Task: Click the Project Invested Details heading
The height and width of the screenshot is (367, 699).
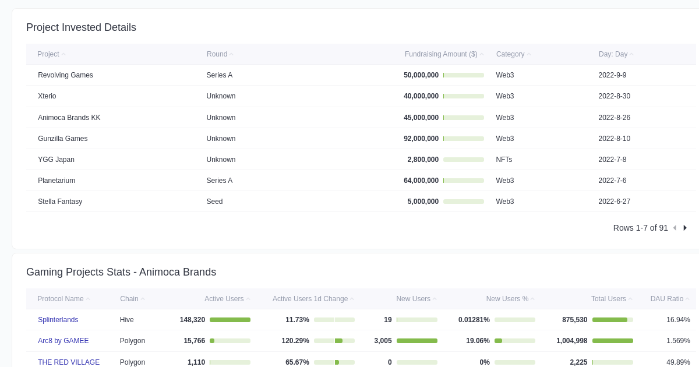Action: [81, 27]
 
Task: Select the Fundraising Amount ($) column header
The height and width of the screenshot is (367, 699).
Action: [441, 54]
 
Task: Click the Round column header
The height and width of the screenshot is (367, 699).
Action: [217, 54]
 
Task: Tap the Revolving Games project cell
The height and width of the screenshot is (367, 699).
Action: [65, 75]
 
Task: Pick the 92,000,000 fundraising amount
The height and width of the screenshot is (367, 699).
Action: [421, 139]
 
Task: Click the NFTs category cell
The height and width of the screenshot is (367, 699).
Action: [504, 160]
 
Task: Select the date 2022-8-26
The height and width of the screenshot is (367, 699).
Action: [614, 118]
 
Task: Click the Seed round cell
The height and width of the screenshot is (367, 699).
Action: [214, 202]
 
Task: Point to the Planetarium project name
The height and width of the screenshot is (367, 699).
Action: [57, 181]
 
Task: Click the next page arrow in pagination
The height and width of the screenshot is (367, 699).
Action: [685, 228]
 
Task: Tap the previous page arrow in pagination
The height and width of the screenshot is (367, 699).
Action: [675, 228]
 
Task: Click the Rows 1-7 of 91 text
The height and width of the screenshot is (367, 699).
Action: [640, 228]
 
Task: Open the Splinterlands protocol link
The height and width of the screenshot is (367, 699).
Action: [58, 320]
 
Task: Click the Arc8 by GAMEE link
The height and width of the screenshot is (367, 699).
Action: [63, 341]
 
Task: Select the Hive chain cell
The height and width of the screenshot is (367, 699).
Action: [127, 320]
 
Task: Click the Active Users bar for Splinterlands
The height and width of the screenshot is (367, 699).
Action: [230, 320]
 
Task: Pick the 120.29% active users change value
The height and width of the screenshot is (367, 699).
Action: [295, 341]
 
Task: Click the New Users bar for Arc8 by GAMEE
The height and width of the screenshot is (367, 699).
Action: [416, 341]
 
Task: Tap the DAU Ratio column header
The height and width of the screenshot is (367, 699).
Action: [667, 299]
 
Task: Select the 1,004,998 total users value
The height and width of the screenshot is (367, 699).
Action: [571, 341]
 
